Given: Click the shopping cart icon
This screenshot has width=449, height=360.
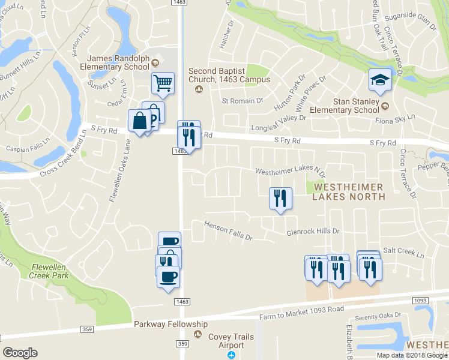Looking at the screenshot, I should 163,83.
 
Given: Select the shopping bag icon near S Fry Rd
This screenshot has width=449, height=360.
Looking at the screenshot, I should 139,121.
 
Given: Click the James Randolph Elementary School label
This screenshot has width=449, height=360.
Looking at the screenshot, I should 118,62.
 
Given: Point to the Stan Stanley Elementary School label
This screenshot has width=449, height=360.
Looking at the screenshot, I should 344,106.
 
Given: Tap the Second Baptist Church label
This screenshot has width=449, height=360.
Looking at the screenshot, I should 229,75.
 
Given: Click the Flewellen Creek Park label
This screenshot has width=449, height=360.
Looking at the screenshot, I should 49,272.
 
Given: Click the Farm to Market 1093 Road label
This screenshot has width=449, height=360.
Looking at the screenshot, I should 301,313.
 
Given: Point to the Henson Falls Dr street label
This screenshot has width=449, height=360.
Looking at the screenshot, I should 228,231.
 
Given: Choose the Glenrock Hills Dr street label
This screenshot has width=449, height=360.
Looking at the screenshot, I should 313,231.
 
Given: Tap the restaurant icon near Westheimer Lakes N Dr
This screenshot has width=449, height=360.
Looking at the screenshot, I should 280,198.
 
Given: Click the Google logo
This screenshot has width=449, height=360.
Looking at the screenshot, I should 20,353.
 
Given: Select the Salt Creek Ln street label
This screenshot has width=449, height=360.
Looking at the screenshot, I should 403,252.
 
